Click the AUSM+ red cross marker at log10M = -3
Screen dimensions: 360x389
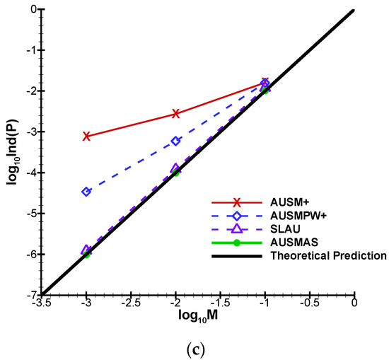point(86,136)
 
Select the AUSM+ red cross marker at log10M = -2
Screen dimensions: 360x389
point(175,113)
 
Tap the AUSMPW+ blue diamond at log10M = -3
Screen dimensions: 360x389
point(86,192)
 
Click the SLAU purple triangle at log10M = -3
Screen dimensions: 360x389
point(86,250)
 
